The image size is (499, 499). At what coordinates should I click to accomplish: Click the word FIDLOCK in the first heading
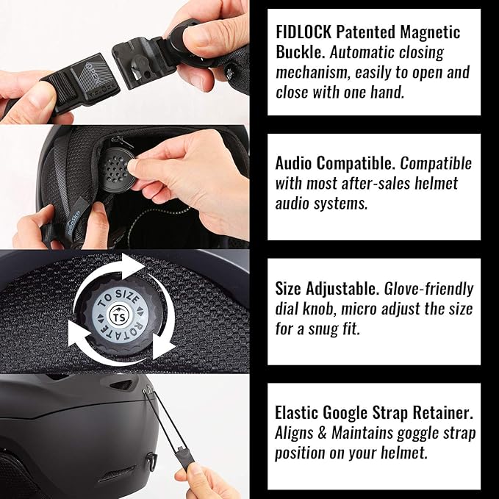[x=304, y=32]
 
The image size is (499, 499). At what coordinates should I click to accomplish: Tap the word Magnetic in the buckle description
[x=430, y=32]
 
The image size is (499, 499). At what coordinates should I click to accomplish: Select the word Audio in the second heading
[x=293, y=164]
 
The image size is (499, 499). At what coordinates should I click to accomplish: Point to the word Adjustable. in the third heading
[x=342, y=289]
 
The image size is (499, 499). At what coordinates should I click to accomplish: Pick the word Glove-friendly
[x=428, y=289]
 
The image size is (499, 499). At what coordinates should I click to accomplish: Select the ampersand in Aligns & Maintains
[x=323, y=434]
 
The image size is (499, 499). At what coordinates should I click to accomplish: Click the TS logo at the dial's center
[x=119, y=317]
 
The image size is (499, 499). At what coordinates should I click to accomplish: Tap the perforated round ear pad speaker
[x=117, y=170]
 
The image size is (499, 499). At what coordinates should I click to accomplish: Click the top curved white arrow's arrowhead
[x=133, y=266]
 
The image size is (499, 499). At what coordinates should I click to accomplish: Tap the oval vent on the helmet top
[x=121, y=385]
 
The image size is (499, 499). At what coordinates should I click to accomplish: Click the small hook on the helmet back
[x=152, y=462]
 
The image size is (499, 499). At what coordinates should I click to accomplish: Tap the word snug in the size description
[x=323, y=330]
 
